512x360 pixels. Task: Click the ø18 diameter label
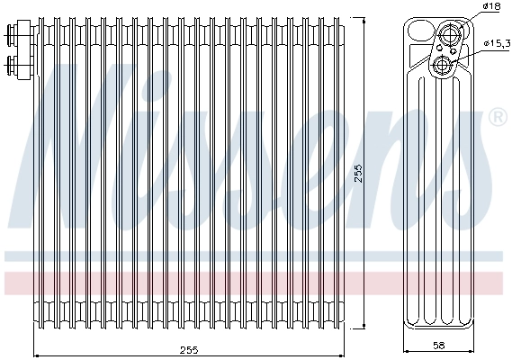pos(491,6)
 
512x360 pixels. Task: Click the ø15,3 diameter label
pos(497,42)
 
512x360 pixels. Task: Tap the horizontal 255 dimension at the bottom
pos(188,349)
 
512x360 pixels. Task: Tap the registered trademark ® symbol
pos(496,118)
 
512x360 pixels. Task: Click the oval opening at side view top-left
pos(419,32)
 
